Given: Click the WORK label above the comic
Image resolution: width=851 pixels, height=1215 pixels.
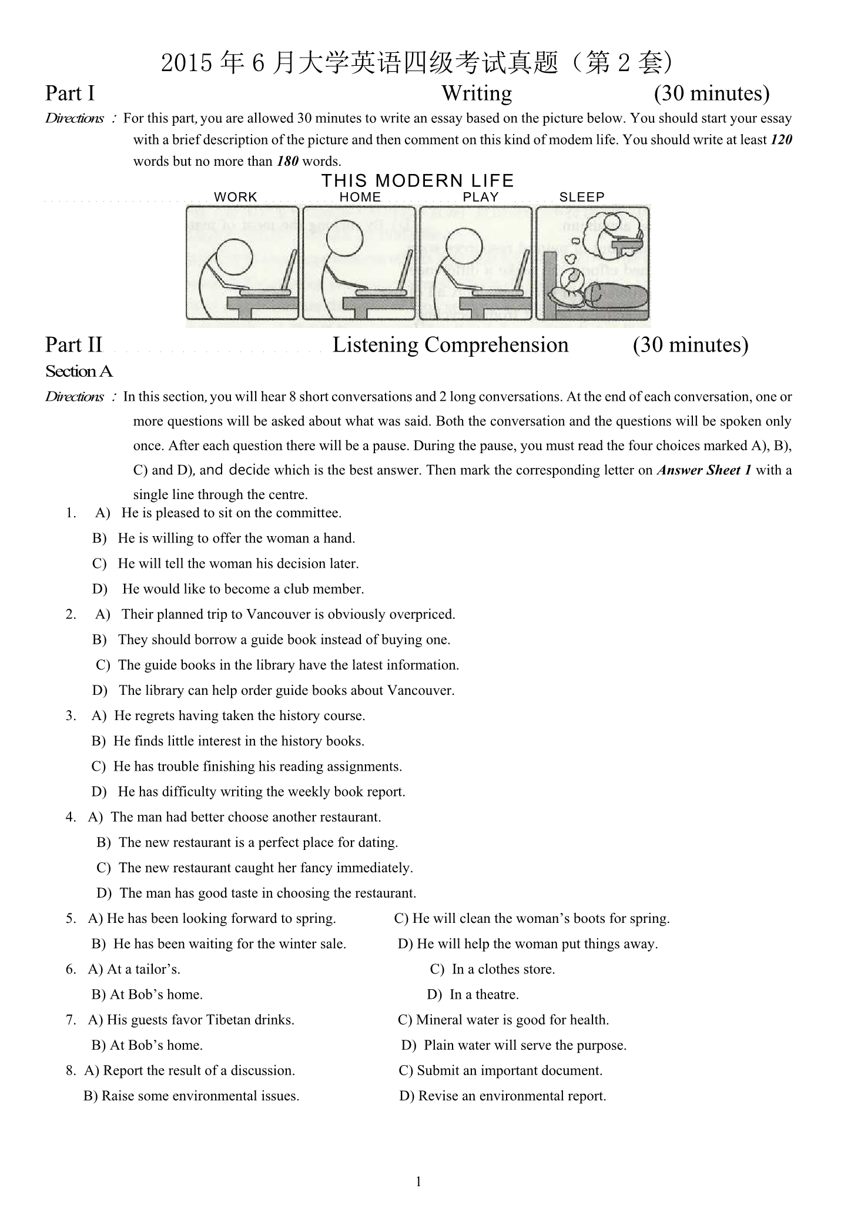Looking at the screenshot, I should coord(236,198).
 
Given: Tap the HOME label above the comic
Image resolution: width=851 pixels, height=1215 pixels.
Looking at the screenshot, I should coord(360,198).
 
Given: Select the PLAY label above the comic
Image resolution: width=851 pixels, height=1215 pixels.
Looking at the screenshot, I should coord(481,198).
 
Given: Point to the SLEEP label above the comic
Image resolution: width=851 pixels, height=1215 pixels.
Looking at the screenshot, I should coord(582,198).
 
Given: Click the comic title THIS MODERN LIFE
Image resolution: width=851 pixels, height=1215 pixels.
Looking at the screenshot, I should coord(417,181).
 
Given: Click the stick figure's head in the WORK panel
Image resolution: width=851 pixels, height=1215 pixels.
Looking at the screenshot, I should coord(234,257).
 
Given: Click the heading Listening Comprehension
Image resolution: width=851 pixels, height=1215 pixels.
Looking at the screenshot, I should coord(450,345).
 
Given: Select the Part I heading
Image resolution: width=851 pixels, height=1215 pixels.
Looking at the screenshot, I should coord(70,93).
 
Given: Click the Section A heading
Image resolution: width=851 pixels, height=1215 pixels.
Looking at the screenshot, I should coord(79,371).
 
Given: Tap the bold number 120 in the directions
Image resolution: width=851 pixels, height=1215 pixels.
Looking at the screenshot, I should coord(780,140).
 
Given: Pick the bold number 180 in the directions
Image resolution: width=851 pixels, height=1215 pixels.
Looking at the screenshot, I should coord(287,162).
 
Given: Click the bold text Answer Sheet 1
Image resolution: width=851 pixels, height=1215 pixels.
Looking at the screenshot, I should coord(703,470).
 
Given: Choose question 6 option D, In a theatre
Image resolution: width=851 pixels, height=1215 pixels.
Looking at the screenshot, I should coord(484,995).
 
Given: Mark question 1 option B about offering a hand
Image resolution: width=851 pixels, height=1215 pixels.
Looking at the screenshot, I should coord(236,538).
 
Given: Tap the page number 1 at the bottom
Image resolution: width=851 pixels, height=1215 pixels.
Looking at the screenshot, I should coord(418,1181).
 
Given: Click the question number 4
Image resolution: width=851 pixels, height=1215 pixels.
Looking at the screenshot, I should coord(71,817).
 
